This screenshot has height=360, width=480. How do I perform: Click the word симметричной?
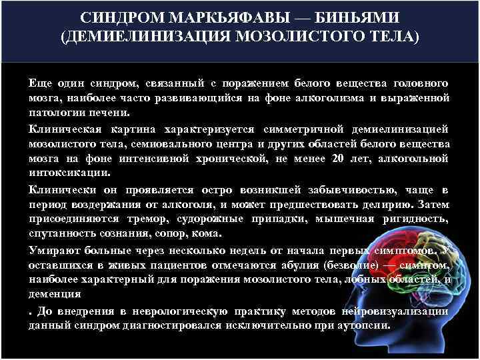[x=297, y=129]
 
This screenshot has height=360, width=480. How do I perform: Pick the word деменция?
[x=55, y=293]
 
